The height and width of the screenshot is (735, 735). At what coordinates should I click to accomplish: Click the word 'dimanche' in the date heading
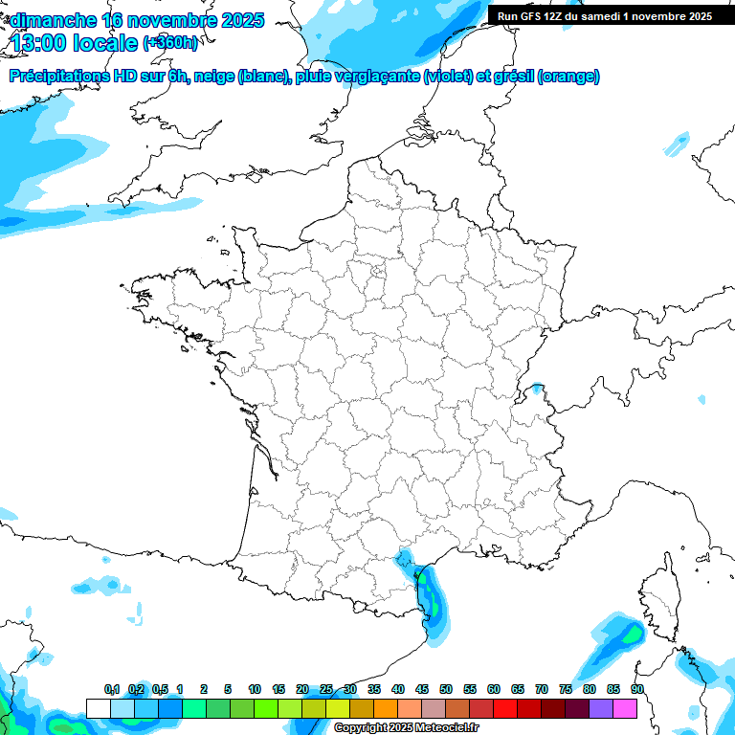pos(54,20)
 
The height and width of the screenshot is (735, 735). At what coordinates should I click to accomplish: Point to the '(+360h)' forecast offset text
pos(170,43)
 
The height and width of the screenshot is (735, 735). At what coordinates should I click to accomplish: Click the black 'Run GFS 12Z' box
pos(604,15)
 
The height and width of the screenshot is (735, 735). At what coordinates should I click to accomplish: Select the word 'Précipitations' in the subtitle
pos(57,77)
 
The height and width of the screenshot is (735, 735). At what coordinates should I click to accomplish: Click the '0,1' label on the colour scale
pos(112,690)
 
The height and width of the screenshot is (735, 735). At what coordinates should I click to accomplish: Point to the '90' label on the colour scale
pos(637,690)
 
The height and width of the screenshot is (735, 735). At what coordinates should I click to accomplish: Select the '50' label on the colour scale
pos(446,690)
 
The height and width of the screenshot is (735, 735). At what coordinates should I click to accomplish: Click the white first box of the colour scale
pos(98,708)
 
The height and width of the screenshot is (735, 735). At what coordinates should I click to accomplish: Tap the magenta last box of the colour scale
pos(625,708)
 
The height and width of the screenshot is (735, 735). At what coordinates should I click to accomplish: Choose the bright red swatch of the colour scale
pos(504,708)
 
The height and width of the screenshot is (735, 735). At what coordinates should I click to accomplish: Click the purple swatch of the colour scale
pos(601,708)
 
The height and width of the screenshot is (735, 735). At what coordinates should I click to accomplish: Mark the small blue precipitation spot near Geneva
pos(537,389)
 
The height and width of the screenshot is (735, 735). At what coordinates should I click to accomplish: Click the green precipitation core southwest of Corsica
pos(631,633)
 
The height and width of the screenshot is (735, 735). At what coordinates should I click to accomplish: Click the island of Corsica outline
pos(657,593)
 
